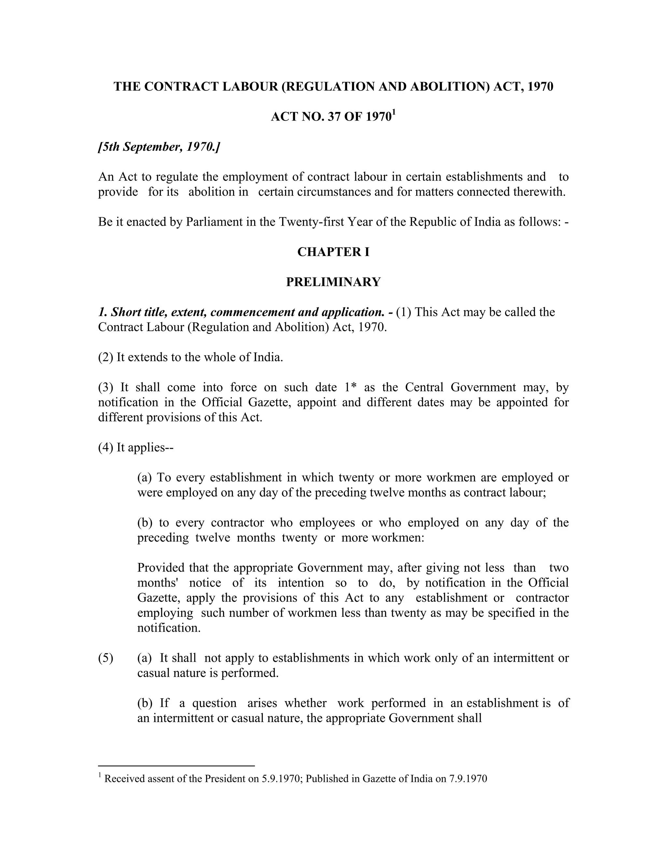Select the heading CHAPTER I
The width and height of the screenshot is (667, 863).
click(333, 252)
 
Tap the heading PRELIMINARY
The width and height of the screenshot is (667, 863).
click(333, 282)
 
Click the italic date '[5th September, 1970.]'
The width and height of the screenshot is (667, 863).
click(159, 147)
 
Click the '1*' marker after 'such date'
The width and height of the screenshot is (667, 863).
click(350, 387)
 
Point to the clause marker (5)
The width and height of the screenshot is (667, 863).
click(106, 658)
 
